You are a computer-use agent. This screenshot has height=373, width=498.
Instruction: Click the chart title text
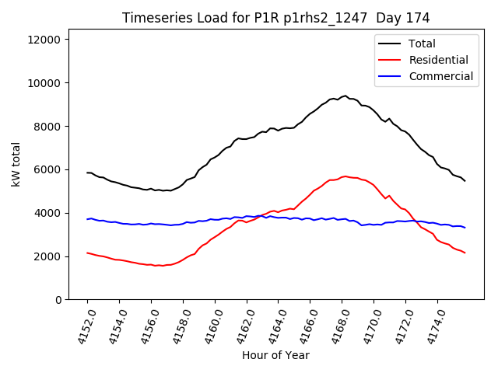[276, 18]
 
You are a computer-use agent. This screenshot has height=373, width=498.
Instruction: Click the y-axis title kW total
[16, 169]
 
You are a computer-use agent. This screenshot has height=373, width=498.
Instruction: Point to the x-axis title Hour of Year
[275, 355]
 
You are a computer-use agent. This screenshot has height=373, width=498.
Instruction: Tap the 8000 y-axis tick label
[51, 127]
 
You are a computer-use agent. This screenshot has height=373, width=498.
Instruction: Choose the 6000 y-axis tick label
[51, 170]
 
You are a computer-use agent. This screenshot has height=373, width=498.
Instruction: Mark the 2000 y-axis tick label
[51, 256]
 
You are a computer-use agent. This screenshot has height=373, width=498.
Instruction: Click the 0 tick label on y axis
[61, 300]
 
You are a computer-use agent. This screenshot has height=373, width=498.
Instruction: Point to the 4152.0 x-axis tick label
[81, 326]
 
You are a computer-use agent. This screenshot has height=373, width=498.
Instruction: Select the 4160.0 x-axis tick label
[209, 326]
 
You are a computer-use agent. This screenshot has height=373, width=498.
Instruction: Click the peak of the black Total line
[345, 96]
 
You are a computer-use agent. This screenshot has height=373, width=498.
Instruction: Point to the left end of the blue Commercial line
[87, 219]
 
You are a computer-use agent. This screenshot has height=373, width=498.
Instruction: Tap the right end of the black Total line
[465, 181]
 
